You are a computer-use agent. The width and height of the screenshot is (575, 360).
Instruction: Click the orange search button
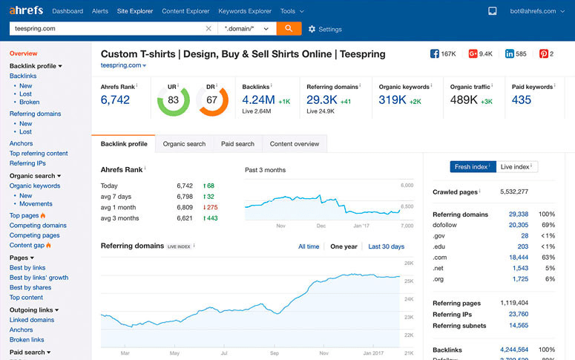tap(289, 28)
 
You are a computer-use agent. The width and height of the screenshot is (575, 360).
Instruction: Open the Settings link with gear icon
tap(325, 29)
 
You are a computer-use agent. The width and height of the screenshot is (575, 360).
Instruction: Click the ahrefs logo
tap(26, 11)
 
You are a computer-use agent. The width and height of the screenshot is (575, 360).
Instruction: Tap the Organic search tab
tap(184, 144)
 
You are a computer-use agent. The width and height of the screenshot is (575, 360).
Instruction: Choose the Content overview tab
tap(295, 144)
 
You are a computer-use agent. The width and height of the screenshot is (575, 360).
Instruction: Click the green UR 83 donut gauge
tap(174, 100)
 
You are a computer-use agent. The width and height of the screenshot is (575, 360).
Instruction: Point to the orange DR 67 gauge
tap(212, 100)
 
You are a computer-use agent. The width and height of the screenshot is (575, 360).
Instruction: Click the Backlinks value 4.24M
tap(259, 100)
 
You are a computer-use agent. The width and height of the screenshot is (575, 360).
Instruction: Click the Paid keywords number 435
tap(522, 100)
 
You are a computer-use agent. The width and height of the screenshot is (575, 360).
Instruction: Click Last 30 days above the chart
tap(386, 246)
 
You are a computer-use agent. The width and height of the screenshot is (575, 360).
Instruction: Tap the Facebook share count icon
tap(435, 54)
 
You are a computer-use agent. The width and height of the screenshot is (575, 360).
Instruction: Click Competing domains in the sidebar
tap(38, 226)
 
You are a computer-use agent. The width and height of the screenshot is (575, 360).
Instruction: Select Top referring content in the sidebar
tap(39, 153)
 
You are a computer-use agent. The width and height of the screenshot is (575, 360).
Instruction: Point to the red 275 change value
tap(211, 207)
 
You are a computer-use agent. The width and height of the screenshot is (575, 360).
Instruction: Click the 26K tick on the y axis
tap(408, 264)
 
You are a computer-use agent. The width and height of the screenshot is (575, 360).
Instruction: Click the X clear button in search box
tap(208, 29)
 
